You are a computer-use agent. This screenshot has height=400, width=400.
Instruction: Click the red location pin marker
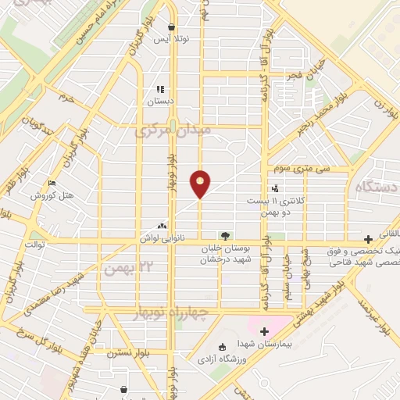pyautogui.click(x=201, y=183)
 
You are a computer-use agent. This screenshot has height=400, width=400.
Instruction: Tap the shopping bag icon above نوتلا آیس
pyautogui.click(x=171, y=27)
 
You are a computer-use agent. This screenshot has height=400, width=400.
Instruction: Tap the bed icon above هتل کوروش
pyautogui.click(x=52, y=184)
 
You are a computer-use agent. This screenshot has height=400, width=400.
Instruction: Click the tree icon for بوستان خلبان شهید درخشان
pyautogui.click(x=225, y=234)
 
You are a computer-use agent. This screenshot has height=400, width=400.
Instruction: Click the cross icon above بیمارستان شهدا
pyautogui.click(x=264, y=330)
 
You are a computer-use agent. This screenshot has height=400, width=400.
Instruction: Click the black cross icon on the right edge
pyautogui.click(x=368, y=239)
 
